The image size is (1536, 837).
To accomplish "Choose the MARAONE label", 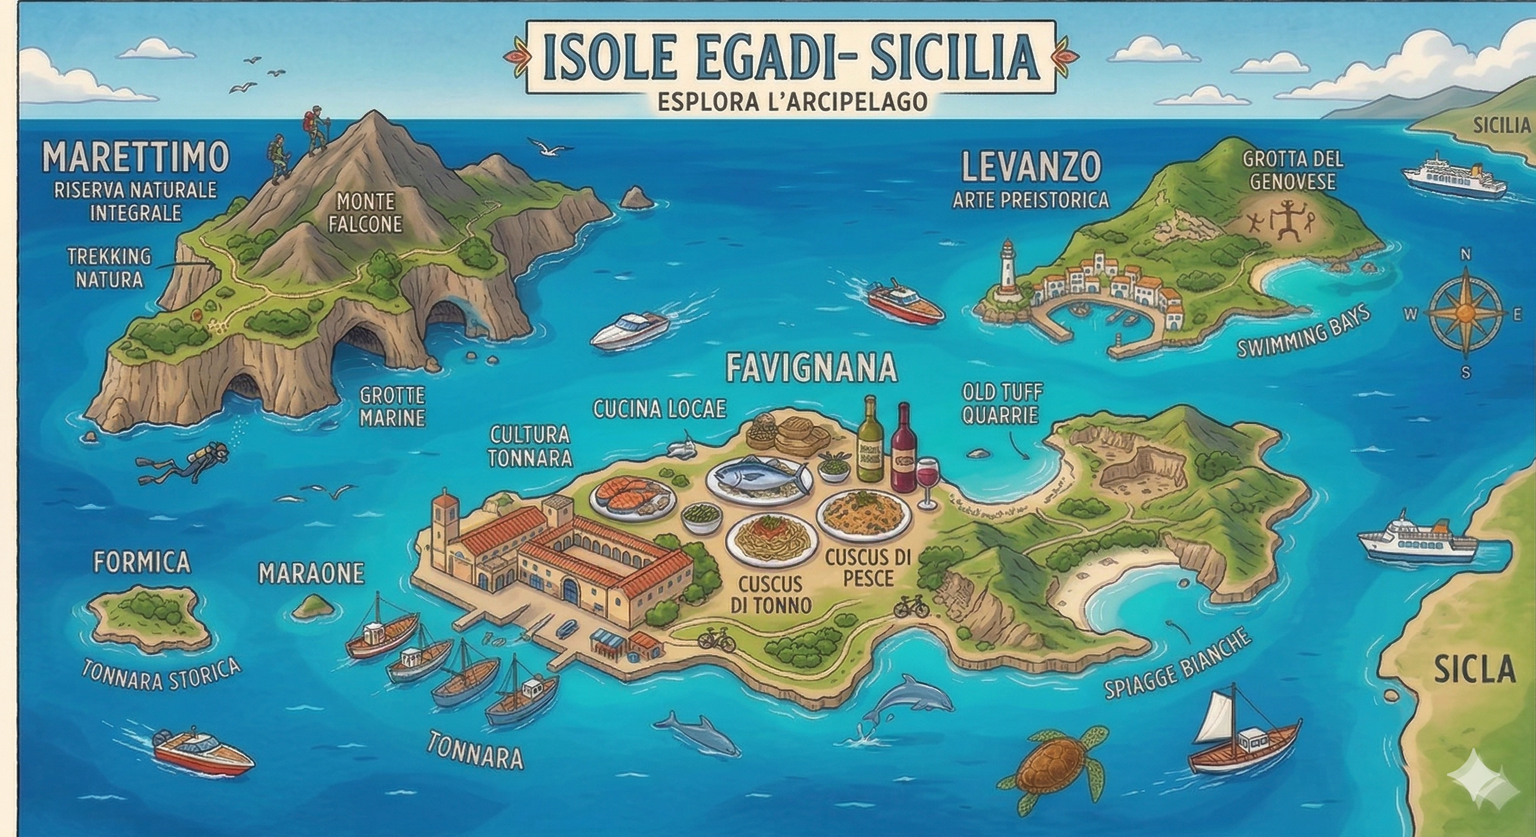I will tap(311, 574).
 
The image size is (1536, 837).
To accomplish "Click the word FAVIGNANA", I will tap(811, 368).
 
